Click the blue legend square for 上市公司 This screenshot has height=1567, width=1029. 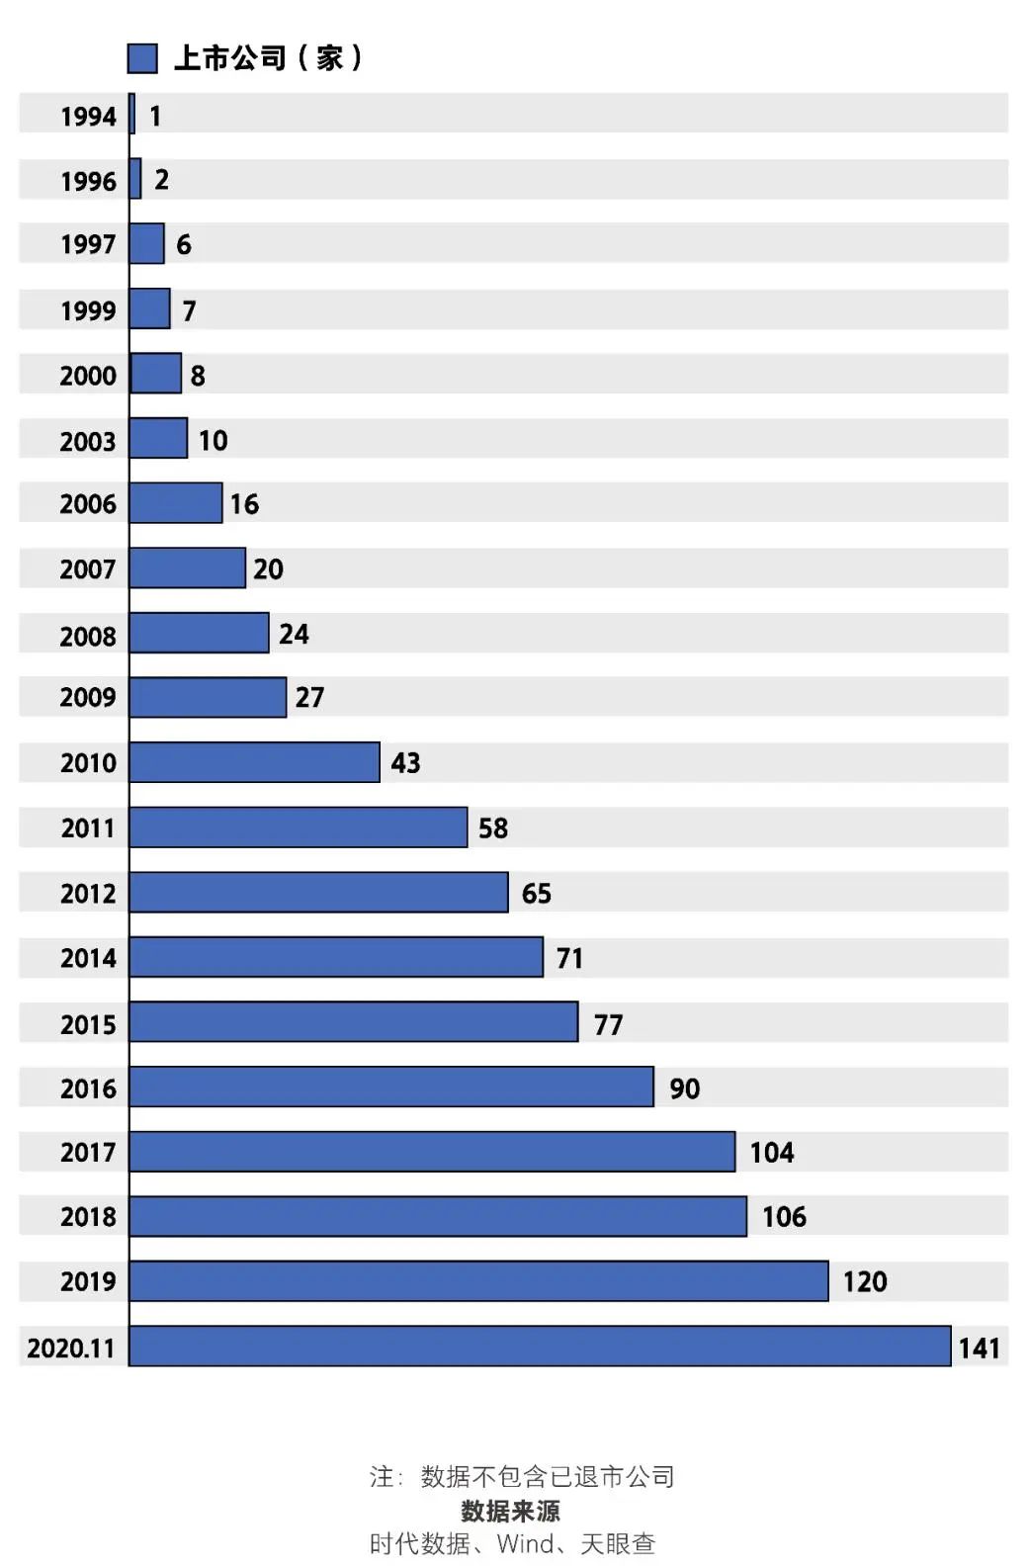[142, 58]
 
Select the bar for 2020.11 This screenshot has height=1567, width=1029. [540, 1347]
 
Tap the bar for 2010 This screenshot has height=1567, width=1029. [254, 762]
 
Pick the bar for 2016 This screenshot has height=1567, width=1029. [391, 1087]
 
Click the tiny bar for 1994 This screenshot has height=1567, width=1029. [132, 115]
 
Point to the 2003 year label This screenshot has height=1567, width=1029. [88, 441]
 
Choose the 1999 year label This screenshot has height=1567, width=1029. [88, 310]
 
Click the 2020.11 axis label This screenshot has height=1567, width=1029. [71, 1348]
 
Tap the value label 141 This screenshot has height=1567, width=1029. [979, 1348]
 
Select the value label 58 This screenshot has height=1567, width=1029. [492, 828]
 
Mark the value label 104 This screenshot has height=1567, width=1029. [771, 1153]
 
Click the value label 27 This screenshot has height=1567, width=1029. [309, 698]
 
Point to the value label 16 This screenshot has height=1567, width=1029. [244, 504]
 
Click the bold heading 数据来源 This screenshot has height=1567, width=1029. [510, 1511]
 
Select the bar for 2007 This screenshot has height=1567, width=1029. [188, 568]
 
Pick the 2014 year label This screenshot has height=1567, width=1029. [88, 958]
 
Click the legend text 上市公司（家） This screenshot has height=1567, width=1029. [267, 58]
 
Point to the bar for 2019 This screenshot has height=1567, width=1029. [478, 1281]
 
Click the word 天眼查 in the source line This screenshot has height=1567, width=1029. [618, 1543]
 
